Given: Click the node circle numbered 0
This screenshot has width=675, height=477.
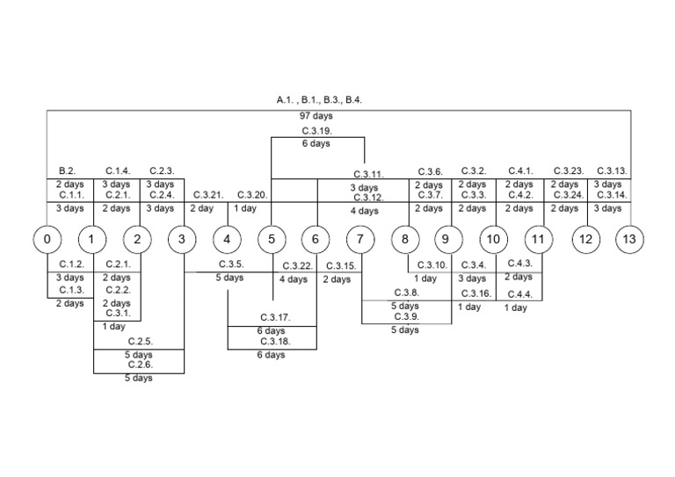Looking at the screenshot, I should click(47, 239).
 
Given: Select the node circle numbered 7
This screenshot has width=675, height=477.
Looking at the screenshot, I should click(360, 239).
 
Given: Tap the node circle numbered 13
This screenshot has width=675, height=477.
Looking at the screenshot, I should click(629, 239).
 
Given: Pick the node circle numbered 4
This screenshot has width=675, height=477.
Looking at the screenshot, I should click(227, 239).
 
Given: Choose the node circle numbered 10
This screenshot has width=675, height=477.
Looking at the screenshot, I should click(494, 239).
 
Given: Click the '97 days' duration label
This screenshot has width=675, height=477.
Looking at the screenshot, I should click(316, 116).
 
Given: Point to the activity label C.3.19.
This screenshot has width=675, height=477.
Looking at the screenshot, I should click(316, 130).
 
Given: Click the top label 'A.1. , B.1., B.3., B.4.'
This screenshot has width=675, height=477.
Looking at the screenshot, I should click(318, 100).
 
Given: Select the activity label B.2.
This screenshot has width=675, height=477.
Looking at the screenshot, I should click(68, 170).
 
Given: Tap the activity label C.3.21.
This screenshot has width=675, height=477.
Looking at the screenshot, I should click(208, 195).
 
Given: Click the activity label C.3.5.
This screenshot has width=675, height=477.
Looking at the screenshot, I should click(231, 264).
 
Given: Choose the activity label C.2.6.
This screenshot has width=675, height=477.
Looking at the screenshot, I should click(140, 365).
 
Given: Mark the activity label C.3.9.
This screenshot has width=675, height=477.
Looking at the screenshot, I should click(406, 317).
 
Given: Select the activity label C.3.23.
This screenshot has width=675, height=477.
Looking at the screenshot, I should click(568, 170).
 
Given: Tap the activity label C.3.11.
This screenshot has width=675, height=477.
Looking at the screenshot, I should click(368, 175).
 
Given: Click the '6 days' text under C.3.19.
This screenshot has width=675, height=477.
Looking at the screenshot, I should click(316, 143).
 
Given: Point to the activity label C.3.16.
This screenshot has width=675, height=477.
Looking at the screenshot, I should click(475, 293).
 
